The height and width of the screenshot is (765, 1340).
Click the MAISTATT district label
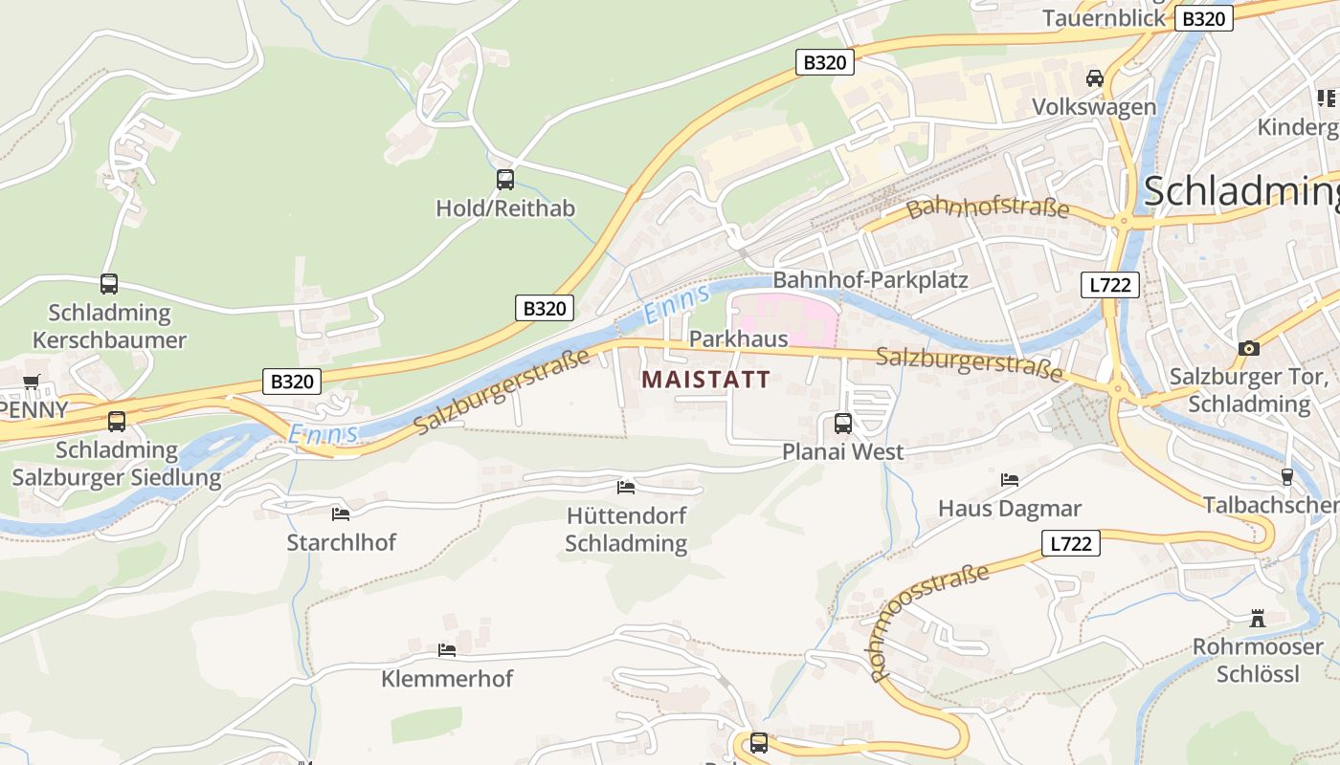(x=705, y=380)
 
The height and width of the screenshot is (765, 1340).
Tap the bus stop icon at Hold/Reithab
(x=504, y=179)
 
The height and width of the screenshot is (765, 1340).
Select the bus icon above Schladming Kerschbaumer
(x=109, y=284)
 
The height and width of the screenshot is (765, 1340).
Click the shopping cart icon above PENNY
(x=32, y=382)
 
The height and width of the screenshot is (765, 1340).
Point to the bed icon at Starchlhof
(x=340, y=514)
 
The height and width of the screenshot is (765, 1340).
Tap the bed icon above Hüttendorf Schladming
(x=626, y=488)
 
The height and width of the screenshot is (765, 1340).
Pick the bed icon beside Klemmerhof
(x=447, y=650)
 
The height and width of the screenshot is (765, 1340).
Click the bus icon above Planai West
(x=843, y=423)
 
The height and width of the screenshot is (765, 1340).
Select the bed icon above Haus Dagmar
(x=1009, y=480)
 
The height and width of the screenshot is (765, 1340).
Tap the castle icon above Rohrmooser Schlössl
(x=1258, y=619)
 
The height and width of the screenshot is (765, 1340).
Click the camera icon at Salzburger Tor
(x=1248, y=348)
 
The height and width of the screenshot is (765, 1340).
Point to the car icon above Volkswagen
(x=1094, y=78)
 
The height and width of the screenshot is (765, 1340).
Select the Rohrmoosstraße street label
(x=928, y=622)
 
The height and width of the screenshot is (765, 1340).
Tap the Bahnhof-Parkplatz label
(x=870, y=280)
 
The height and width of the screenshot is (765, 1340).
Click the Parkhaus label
(x=738, y=339)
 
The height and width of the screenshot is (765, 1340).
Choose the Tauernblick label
(x=1104, y=18)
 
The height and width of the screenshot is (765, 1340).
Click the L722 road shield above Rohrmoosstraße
(x=1070, y=544)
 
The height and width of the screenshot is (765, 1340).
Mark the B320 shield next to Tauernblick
(x=1204, y=18)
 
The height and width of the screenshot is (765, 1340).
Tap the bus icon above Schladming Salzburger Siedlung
(x=117, y=421)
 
